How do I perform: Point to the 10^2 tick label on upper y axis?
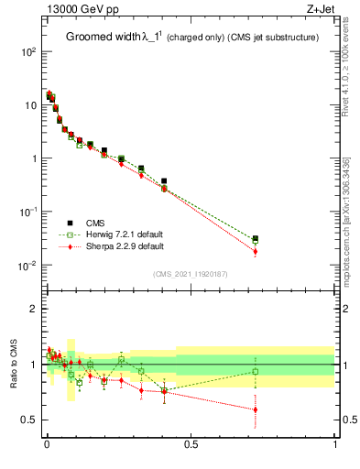tap(27, 52)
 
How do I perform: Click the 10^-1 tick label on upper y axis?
tap(27, 213)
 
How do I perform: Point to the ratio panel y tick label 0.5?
tap(29, 420)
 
